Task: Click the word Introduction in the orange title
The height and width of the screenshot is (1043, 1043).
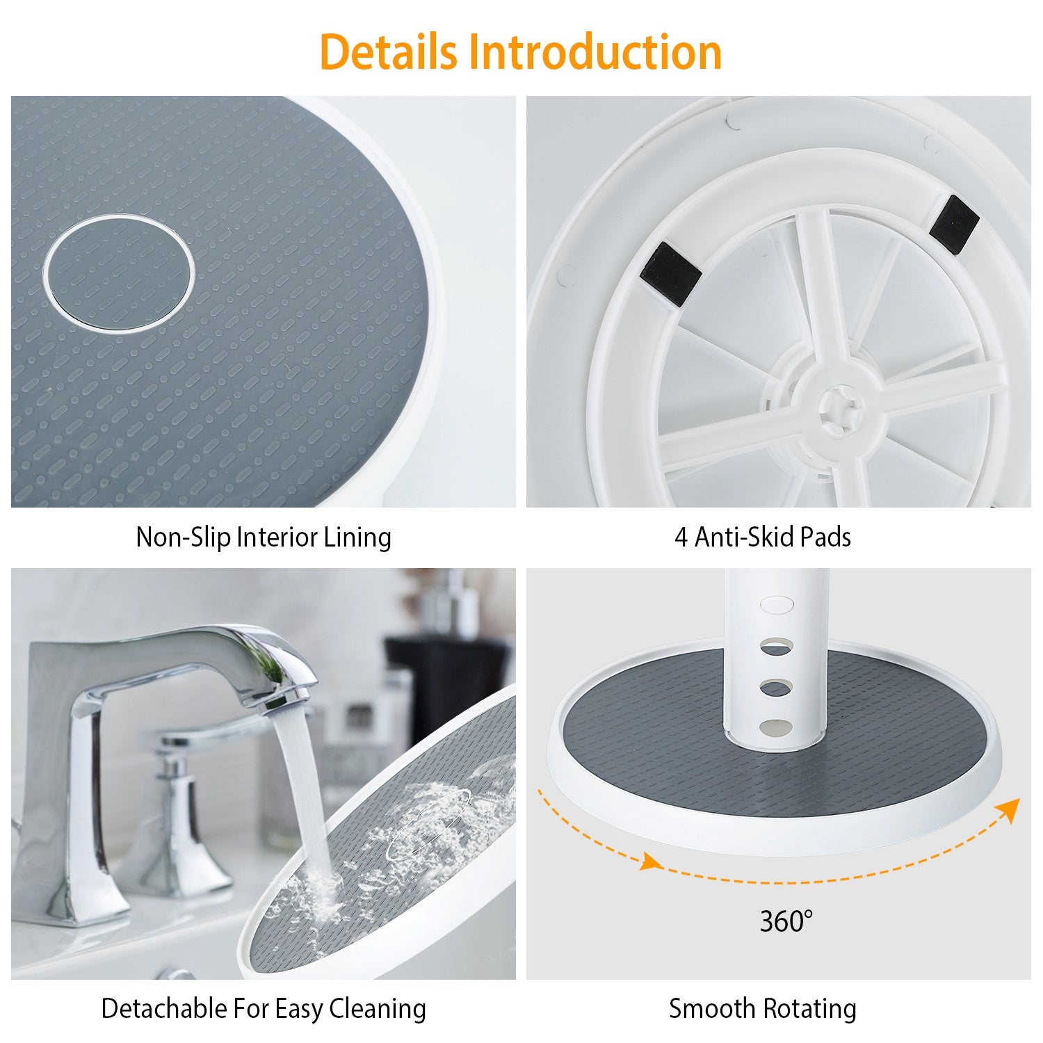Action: (x=595, y=52)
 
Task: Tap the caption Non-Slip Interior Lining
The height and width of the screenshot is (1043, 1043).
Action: (x=264, y=537)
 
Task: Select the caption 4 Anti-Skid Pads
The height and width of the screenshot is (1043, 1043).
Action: (x=763, y=537)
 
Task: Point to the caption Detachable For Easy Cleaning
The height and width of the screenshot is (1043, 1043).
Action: (x=264, y=1009)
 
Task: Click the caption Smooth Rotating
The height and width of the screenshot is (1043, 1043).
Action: (x=763, y=1009)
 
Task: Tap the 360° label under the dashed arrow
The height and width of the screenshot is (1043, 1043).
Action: (x=786, y=921)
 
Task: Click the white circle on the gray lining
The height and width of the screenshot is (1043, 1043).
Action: (x=120, y=273)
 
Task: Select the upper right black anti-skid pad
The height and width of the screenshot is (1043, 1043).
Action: (x=954, y=222)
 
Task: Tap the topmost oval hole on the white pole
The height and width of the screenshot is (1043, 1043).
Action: (x=777, y=604)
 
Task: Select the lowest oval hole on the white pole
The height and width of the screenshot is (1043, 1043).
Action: (x=776, y=727)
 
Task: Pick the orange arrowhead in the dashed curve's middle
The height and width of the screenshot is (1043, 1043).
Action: (x=650, y=863)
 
